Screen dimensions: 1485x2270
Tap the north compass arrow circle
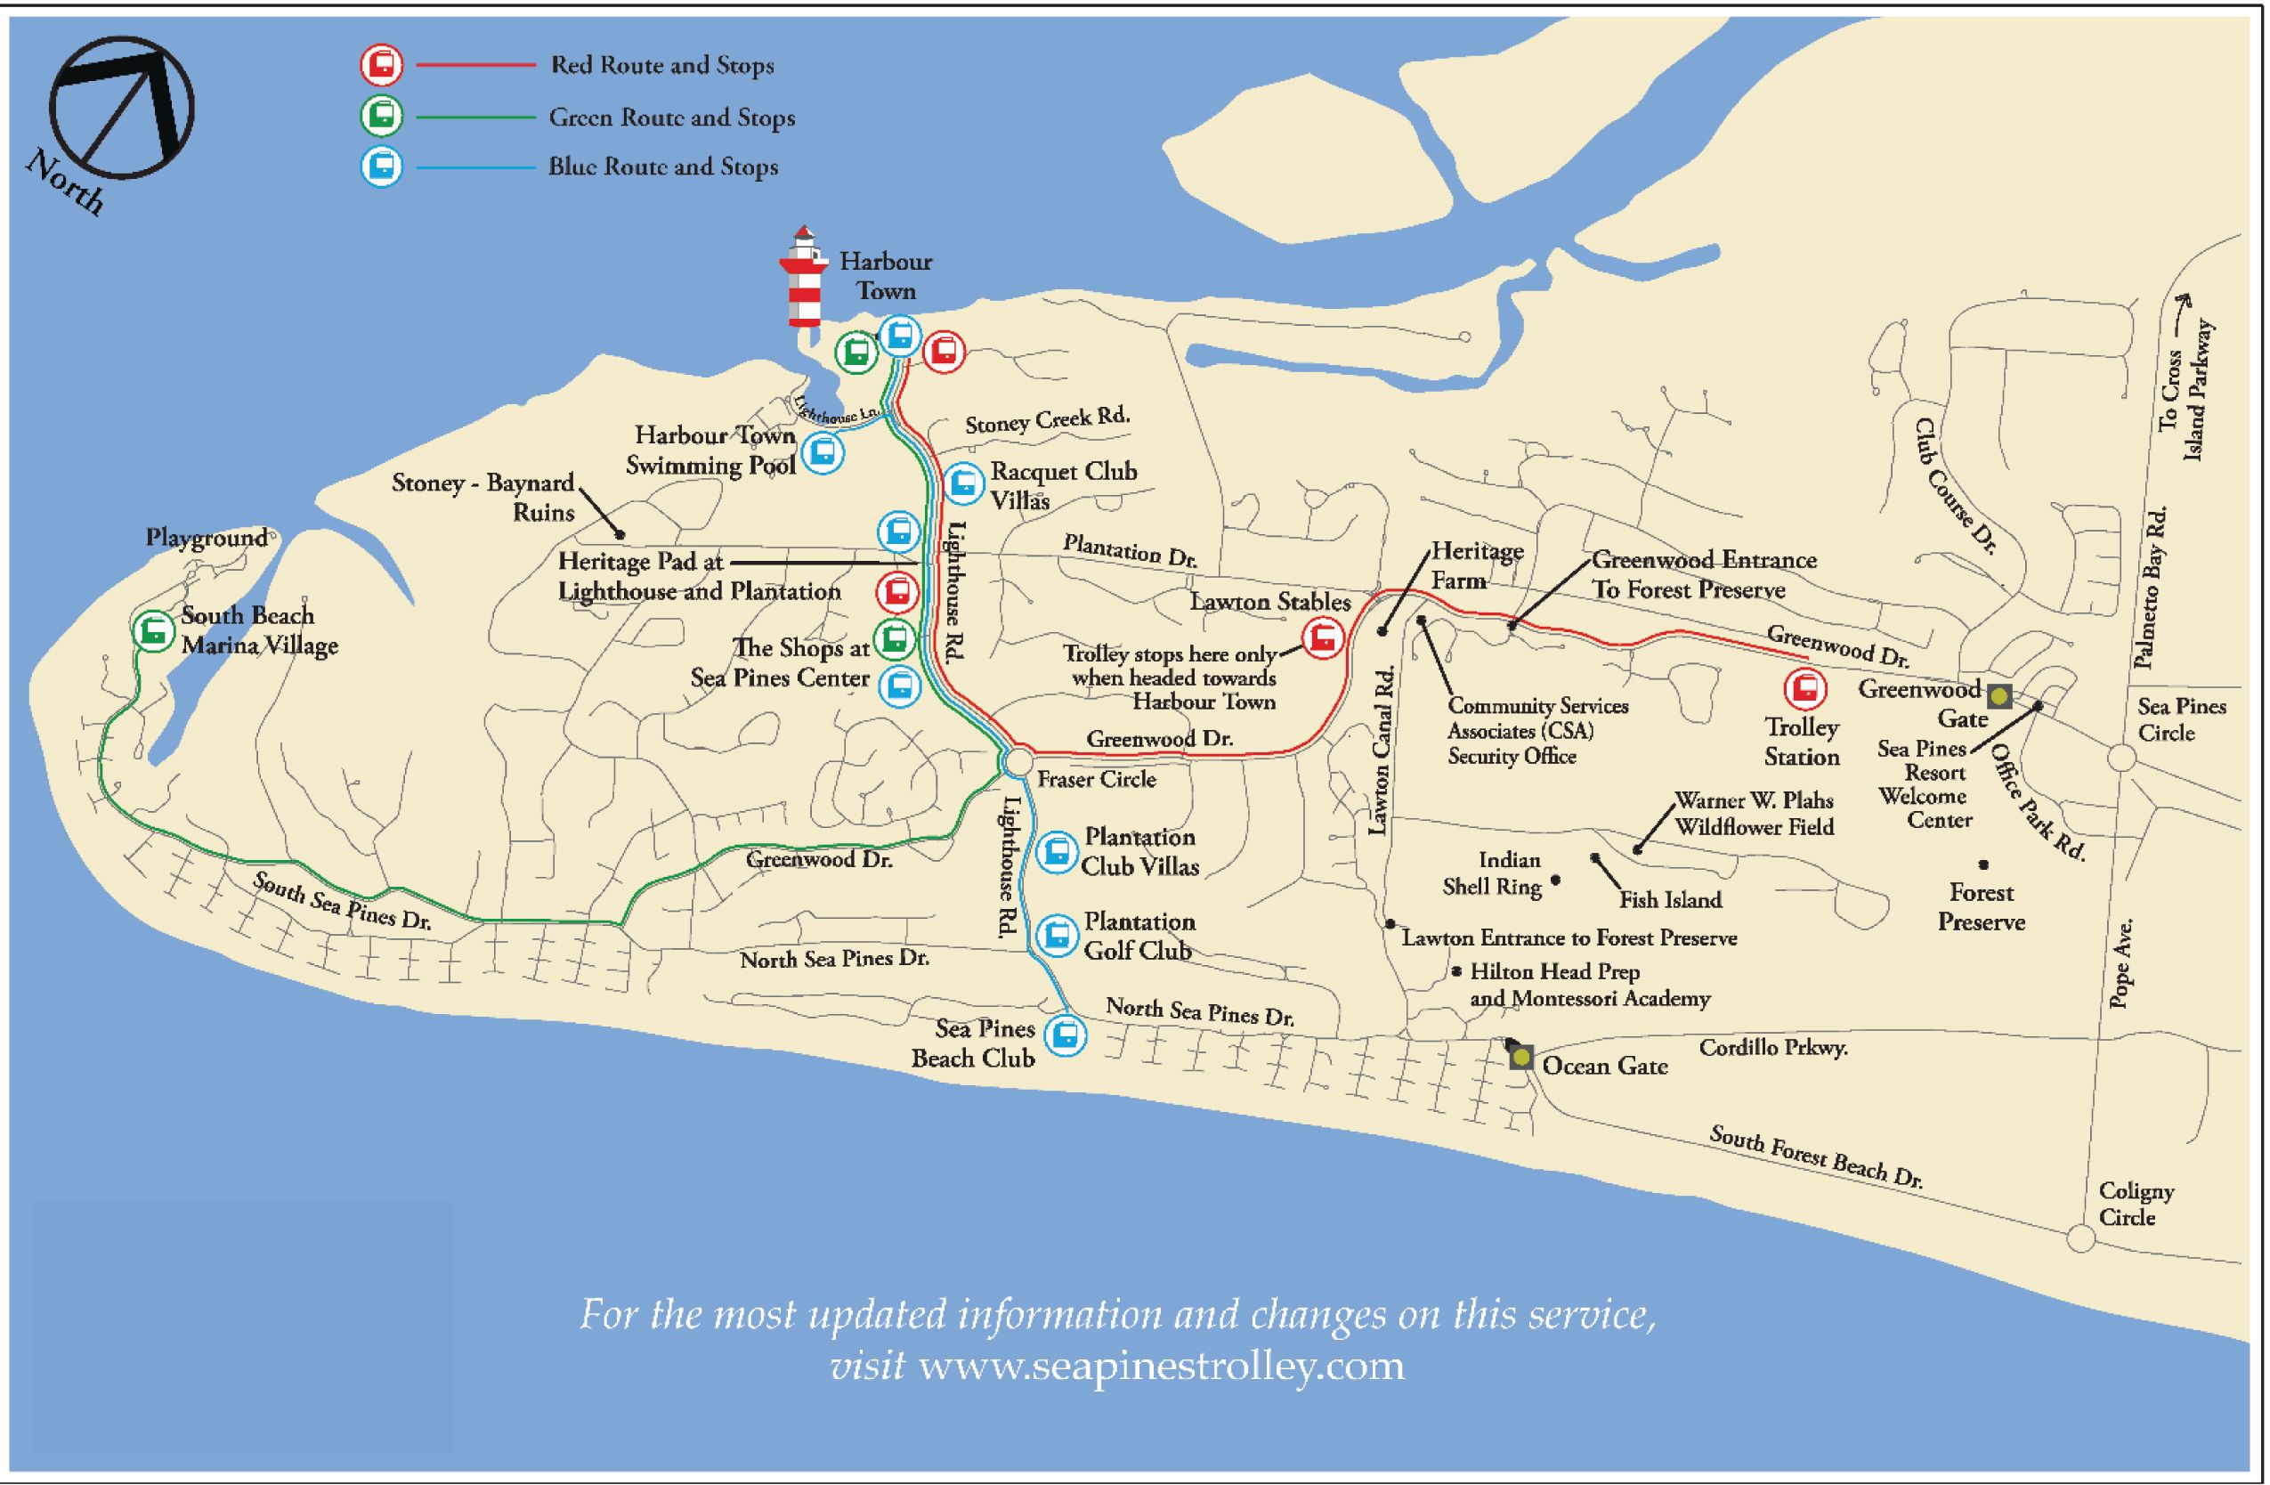pyautogui.click(x=121, y=108)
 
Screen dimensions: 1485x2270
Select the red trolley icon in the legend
pyautogui.click(x=382, y=65)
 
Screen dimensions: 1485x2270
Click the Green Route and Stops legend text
pyautogui.click(x=671, y=118)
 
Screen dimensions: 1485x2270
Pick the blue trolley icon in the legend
pyautogui.click(x=382, y=166)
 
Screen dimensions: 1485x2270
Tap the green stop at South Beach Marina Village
pyautogui.click(x=152, y=630)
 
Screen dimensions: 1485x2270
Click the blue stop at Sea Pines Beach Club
pyautogui.click(x=1066, y=1035)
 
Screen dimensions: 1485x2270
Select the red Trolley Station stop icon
pyautogui.click(x=1804, y=688)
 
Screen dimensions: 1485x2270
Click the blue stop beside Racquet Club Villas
pyautogui.click(x=963, y=484)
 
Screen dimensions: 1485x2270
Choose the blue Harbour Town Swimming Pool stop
pyautogui.click(x=823, y=452)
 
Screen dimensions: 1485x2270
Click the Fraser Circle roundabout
pyautogui.click(x=1017, y=762)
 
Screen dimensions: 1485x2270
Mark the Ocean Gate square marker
pyautogui.click(x=1521, y=1057)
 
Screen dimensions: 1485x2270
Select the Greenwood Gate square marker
pyautogui.click(x=2000, y=696)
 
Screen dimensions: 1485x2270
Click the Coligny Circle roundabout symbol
pyautogui.click(x=2081, y=1238)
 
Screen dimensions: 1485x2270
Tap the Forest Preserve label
pyautogui.click(x=1981, y=907)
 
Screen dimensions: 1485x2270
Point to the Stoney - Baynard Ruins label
pyautogui.click(x=483, y=497)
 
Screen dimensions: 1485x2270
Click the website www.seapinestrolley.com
pyautogui.click(x=1161, y=1366)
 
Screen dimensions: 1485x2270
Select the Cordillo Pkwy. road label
pyautogui.click(x=1773, y=1047)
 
